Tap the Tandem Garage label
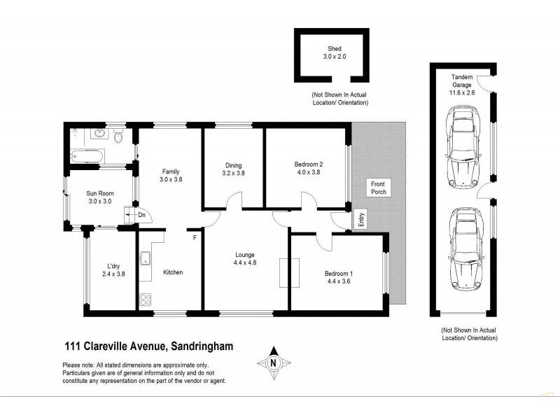[461, 83]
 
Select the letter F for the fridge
[195, 237]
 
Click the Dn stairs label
[141, 216]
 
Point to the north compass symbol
[274, 362]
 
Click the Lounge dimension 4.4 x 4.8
[244, 264]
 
